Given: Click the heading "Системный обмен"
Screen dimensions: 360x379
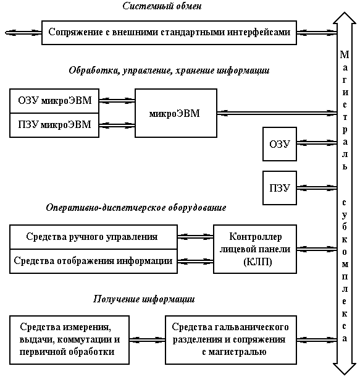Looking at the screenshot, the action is coord(162,6).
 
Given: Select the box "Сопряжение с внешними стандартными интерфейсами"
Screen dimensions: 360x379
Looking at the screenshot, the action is coord(169,33).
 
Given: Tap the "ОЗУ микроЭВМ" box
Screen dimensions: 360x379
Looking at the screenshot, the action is coord(54,101).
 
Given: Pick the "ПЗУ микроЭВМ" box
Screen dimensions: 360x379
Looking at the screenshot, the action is coord(54,126).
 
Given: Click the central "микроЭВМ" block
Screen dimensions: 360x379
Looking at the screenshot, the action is coord(176,113).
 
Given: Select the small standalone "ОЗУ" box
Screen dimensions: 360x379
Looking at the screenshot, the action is coord(280,144).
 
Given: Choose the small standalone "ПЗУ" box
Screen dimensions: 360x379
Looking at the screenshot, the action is coord(280,188).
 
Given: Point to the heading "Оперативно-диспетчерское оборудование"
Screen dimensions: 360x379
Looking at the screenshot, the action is coord(136,208).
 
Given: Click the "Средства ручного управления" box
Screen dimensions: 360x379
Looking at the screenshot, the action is coord(93,237).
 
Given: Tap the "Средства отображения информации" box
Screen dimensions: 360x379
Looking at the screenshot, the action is coord(93,262).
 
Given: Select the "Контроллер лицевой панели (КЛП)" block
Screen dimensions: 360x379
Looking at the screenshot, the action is coord(255,249).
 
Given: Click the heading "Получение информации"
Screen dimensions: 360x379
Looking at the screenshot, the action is coord(144,299).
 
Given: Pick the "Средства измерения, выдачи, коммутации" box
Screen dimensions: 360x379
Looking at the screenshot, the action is coord(69,340).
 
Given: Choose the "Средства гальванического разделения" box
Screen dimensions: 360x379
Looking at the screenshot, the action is coord(231,340).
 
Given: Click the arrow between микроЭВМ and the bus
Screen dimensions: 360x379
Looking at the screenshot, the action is coord(277,113).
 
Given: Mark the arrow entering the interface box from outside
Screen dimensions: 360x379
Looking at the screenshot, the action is coord(23,33).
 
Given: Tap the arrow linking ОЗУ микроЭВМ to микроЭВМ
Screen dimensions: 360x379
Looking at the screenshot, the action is coord(117,101).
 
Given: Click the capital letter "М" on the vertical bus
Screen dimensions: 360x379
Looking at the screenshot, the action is coord(345,54).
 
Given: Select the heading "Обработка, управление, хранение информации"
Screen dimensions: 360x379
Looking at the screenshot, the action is coord(169,70).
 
